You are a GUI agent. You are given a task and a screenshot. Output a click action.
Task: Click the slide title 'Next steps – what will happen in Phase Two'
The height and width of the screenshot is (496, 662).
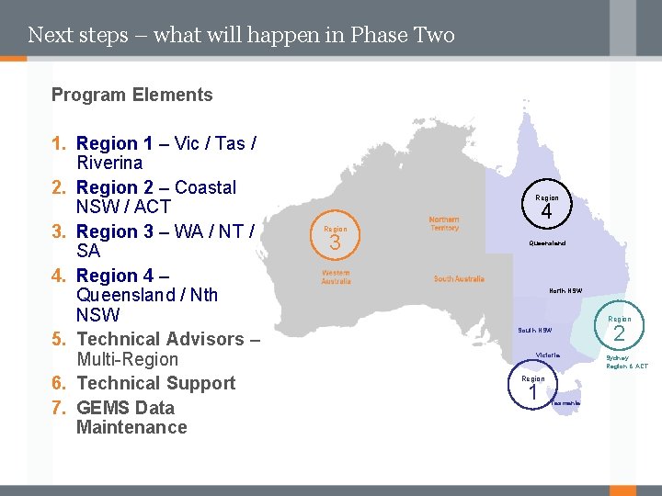tap(241, 36)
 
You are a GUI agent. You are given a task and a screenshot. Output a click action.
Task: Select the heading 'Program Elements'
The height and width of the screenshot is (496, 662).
tap(131, 95)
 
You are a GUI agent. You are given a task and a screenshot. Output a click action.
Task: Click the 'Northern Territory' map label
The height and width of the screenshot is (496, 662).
tap(444, 224)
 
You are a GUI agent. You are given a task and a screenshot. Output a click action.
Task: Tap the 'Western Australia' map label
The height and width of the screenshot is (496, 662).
tap(336, 277)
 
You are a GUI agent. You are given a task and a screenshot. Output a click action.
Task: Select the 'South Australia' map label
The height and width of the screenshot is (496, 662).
tap(459, 279)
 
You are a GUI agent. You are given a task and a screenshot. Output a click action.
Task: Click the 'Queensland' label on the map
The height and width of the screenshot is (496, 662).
tap(547, 243)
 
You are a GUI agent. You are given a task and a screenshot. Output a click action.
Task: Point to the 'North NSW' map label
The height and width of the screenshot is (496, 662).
tap(565, 290)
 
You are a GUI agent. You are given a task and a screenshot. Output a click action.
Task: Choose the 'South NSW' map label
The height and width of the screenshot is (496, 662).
tap(534, 330)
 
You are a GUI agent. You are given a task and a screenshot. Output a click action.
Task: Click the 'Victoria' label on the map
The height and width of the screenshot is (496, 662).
tap(548, 355)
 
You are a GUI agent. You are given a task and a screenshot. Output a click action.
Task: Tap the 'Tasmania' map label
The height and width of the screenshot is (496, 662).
tap(565, 403)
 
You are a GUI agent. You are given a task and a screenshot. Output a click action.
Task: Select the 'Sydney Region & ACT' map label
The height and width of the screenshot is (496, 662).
tap(625, 362)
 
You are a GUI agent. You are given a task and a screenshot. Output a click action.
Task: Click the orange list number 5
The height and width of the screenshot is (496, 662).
tap(59, 340)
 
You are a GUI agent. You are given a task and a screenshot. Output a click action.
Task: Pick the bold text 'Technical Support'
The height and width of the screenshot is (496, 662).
tap(156, 383)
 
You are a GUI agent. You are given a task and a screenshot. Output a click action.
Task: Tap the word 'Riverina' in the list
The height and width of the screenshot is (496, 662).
tap(109, 163)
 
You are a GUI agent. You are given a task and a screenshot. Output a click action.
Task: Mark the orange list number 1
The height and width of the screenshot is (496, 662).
tap(59, 144)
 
